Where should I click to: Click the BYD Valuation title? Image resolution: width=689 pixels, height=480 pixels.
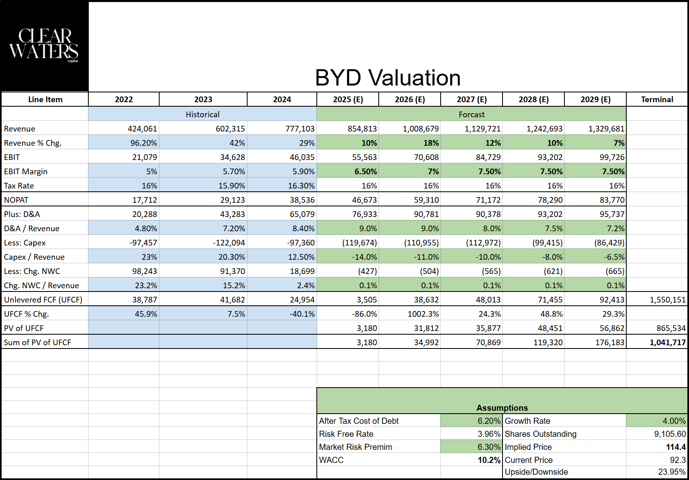click(388, 78)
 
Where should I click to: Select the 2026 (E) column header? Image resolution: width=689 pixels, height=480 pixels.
click(410, 99)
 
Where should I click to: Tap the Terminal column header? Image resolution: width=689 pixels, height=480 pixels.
click(657, 99)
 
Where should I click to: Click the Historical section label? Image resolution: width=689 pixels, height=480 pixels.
click(202, 114)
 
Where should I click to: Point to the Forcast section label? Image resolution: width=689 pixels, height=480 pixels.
click(472, 114)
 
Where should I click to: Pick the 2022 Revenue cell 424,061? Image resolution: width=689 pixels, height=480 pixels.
click(142, 129)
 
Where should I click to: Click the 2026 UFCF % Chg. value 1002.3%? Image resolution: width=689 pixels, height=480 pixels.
click(423, 314)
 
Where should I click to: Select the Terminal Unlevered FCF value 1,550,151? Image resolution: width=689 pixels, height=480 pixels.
click(667, 300)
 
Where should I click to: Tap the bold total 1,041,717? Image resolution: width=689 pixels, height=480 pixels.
click(667, 342)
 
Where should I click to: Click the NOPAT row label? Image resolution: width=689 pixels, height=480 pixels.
click(16, 200)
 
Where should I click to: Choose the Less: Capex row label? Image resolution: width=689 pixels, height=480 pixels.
click(25, 243)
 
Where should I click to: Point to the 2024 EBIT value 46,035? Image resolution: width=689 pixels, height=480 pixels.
click(302, 157)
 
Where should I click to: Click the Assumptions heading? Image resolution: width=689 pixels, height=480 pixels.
click(502, 408)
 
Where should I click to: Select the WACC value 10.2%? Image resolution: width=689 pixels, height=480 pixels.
click(489, 460)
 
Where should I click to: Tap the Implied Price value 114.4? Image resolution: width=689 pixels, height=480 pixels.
click(676, 447)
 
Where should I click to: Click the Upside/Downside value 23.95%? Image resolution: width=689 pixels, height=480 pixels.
click(671, 472)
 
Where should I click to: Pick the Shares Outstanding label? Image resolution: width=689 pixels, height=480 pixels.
click(540, 434)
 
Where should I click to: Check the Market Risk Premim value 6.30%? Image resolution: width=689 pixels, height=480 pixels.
click(489, 447)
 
